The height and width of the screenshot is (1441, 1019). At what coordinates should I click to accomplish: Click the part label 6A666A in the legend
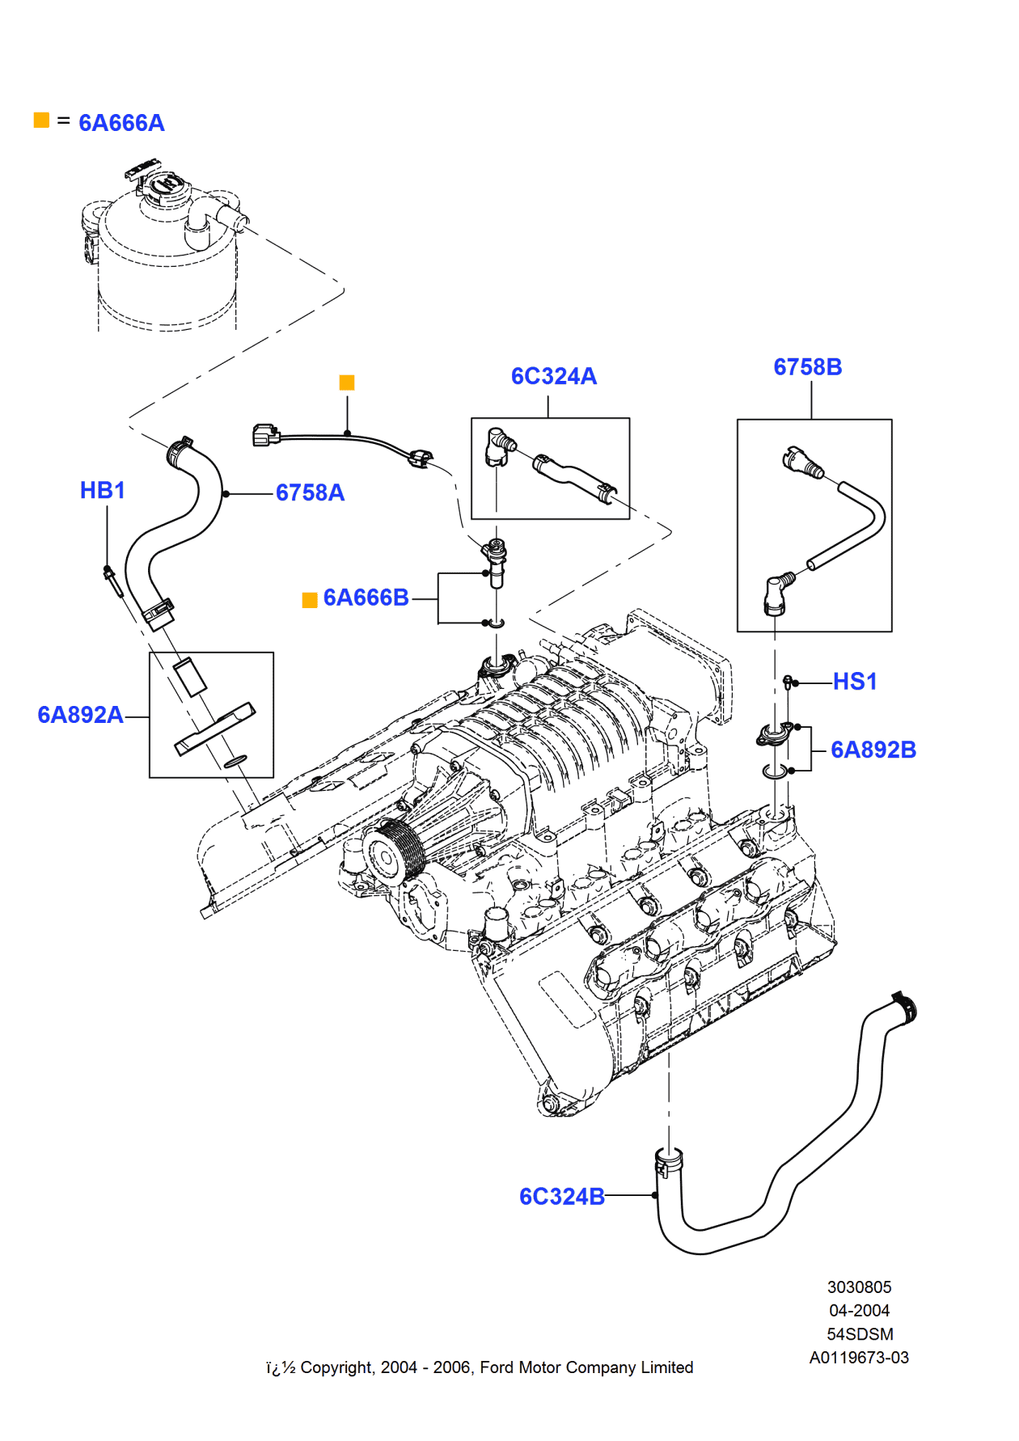coord(121,123)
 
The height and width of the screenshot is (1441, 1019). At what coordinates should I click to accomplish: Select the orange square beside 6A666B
coord(310,600)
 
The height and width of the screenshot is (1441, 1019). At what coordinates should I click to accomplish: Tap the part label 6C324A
coord(554,376)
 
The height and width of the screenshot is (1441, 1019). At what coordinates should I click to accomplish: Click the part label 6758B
coord(807,367)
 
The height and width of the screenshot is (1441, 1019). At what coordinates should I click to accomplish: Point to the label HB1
coord(103,490)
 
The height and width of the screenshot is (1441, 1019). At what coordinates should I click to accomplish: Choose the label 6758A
coord(310,492)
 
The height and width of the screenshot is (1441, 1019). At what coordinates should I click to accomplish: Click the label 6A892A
coord(80,715)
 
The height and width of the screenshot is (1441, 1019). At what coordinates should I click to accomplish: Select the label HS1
coord(855,682)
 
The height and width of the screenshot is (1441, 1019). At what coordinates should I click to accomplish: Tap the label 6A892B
coord(873,750)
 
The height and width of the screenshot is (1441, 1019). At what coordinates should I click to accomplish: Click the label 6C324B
coord(561,1197)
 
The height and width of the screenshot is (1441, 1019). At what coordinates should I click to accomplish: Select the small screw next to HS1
coord(788,682)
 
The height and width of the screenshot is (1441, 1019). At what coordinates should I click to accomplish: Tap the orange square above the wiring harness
coord(347,382)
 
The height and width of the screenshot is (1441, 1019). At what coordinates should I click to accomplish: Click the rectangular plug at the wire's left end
coord(265,435)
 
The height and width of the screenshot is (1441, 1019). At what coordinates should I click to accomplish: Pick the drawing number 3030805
coord(859,1287)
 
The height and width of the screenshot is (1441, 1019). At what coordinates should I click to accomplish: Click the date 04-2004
coord(859,1311)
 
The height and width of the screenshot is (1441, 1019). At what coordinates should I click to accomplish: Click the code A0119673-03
coord(859,1358)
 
